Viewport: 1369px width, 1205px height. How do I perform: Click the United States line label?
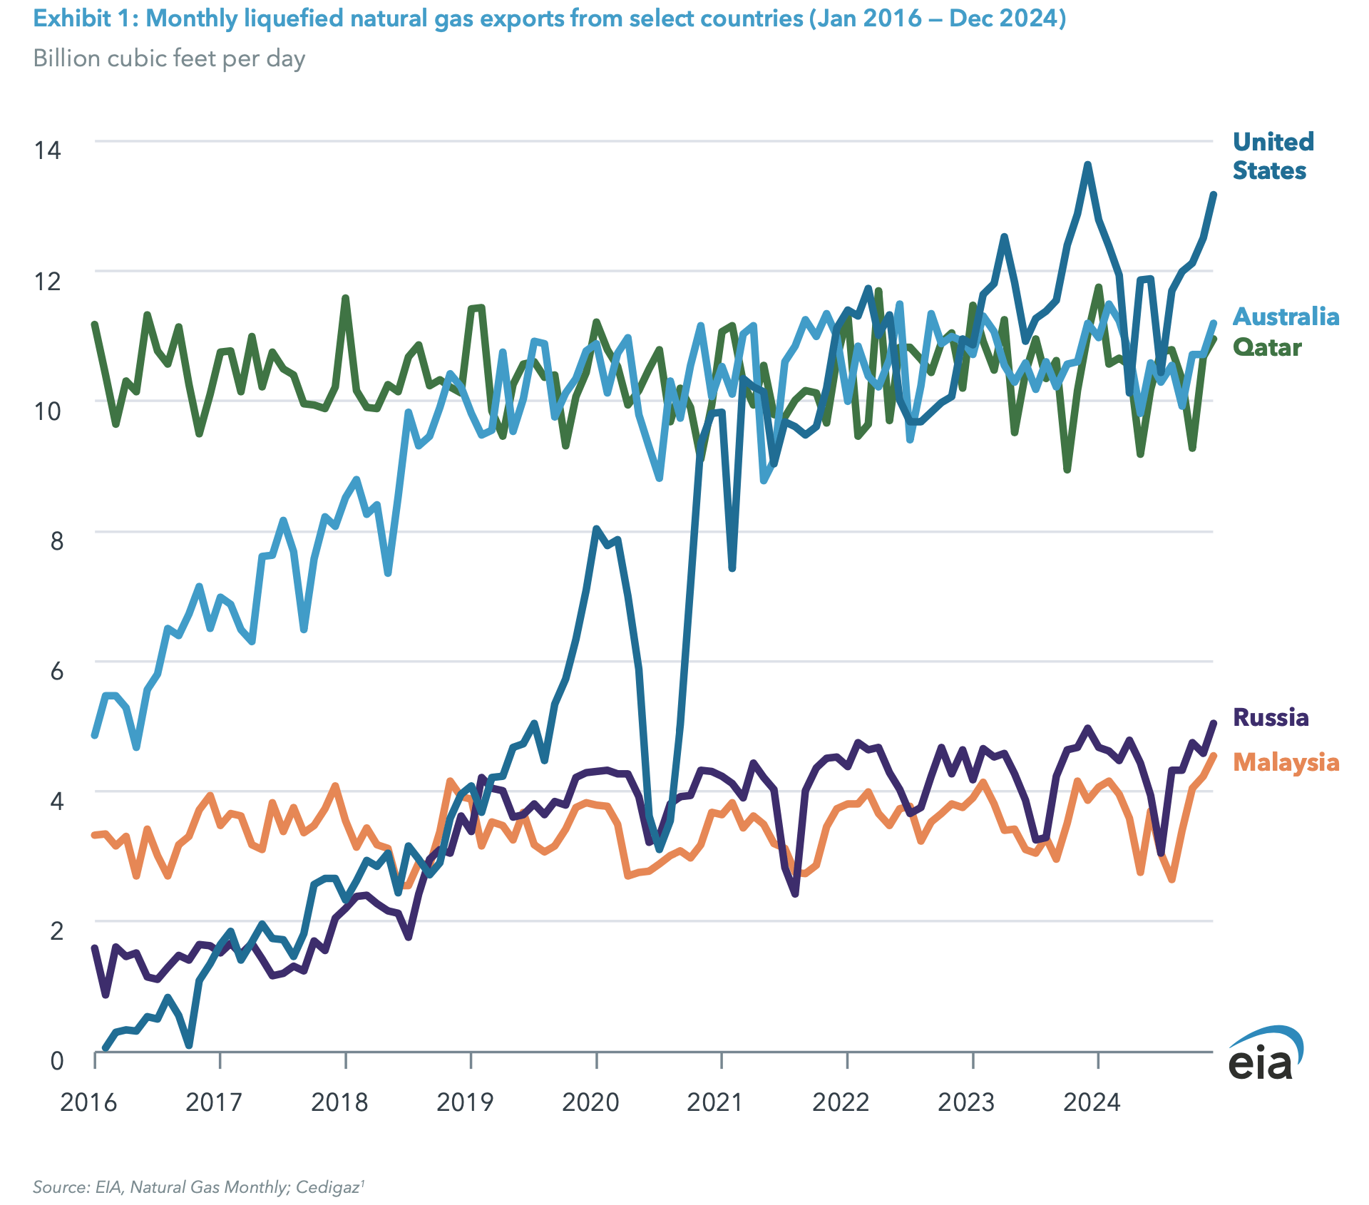(x=1273, y=156)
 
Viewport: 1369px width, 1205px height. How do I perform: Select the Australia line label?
(x=1286, y=316)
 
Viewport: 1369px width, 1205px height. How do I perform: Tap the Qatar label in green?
(x=1267, y=347)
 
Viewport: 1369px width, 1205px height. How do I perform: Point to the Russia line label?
(x=1271, y=717)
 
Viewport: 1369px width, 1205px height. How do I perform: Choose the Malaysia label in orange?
(x=1286, y=762)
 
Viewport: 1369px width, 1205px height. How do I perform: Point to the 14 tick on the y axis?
(x=48, y=150)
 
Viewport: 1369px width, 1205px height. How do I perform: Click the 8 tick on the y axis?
(x=56, y=540)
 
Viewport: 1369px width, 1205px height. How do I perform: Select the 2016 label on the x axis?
(x=88, y=1102)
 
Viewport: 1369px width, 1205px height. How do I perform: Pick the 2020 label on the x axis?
(x=590, y=1102)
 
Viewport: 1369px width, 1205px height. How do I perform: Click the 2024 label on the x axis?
(x=1092, y=1102)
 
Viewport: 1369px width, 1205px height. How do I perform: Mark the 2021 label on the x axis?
(x=715, y=1102)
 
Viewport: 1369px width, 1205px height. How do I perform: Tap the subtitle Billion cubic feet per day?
(x=169, y=58)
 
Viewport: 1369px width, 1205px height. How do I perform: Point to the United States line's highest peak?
(x=1087, y=165)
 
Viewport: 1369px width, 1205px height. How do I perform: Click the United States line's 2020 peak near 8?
(x=596, y=528)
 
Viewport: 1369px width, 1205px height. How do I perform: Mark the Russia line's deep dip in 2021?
(x=795, y=893)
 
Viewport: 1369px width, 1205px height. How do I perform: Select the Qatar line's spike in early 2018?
(x=345, y=298)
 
